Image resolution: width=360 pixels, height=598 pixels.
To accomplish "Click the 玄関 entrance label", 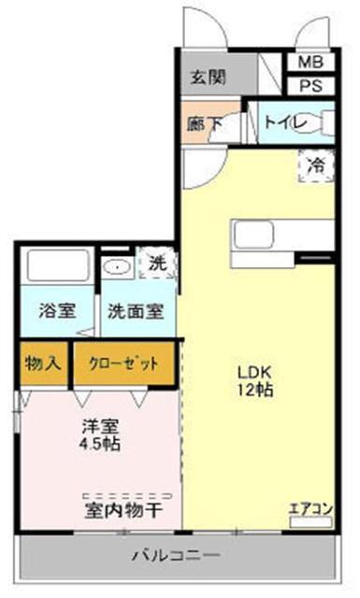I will click(x=209, y=78).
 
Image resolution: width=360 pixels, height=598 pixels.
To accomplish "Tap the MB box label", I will click(x=310, y=64).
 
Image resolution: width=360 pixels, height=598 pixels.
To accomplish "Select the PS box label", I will click(x=310, y=86).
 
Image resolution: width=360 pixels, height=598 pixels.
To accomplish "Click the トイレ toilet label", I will click(x=281, y=121).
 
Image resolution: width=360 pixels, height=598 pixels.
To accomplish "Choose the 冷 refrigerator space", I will click(x=316, y=165).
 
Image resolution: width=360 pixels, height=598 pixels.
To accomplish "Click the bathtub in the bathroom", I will click(x=55, y=266).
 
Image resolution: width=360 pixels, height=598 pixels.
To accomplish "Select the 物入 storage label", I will click(x=42, y=363).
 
